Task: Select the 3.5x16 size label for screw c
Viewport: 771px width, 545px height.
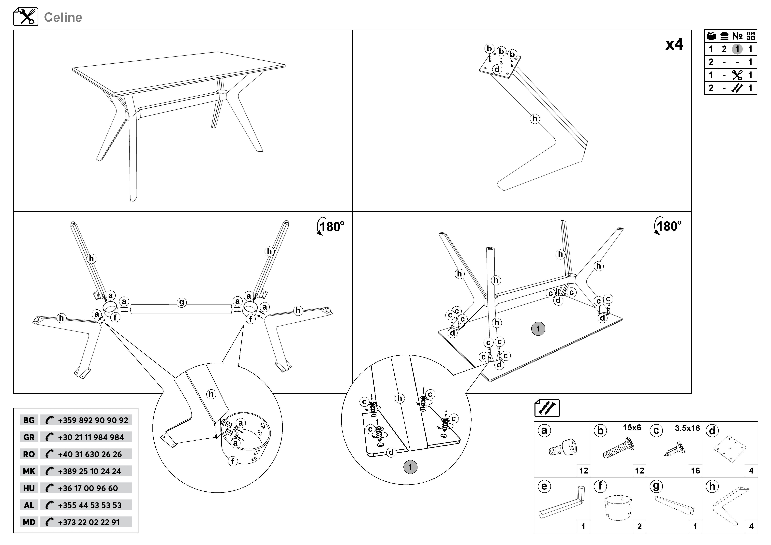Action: (687, 428)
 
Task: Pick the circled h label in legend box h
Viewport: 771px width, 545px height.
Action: (712, 486)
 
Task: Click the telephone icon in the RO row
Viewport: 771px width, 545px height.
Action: (49, 454)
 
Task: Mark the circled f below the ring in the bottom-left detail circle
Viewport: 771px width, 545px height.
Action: (233, 461)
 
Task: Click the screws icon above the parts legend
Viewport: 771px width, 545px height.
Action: (547, 408)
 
